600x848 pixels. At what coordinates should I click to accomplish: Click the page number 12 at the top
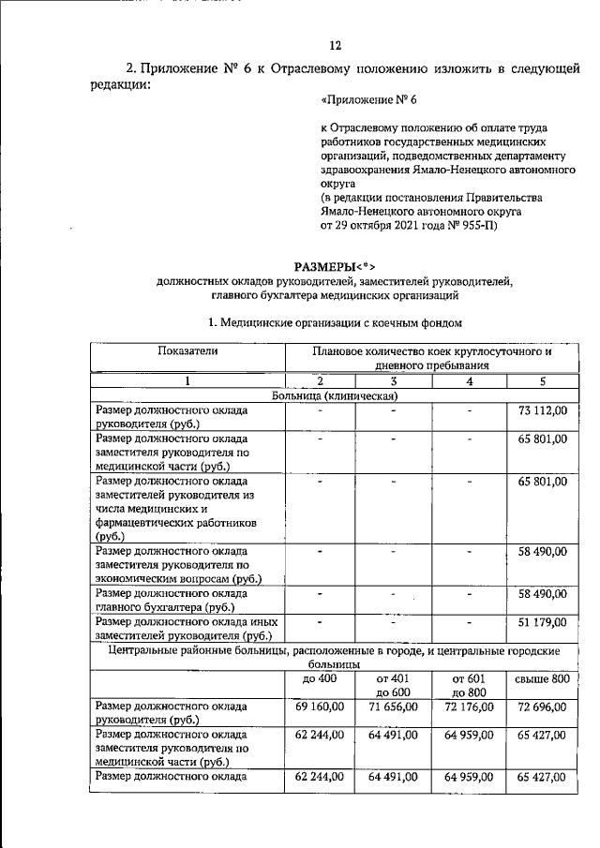coord(336,45)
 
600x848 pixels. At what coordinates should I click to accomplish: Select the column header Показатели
coord(187,350)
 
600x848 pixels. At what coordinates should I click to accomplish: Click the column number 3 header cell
coord(394,380)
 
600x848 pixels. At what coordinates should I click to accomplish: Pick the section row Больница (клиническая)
coord(336,395)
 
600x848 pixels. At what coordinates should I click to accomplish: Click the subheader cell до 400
coord(321,677)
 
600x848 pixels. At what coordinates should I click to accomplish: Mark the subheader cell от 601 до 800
coord(469,684)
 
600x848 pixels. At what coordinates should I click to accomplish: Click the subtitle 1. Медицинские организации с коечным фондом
coord(336,323)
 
